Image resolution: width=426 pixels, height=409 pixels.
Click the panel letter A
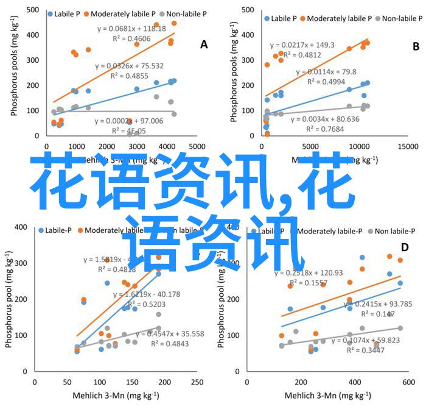click(204, 44)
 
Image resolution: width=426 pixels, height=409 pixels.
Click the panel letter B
click(416, 46)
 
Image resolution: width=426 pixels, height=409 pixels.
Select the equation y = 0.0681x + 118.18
click(131, 28)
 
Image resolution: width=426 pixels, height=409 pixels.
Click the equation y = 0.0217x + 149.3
click(302, 44)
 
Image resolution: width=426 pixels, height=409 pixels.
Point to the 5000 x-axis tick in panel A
click(197, 147)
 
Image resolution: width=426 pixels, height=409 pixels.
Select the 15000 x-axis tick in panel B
click(407, 147)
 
